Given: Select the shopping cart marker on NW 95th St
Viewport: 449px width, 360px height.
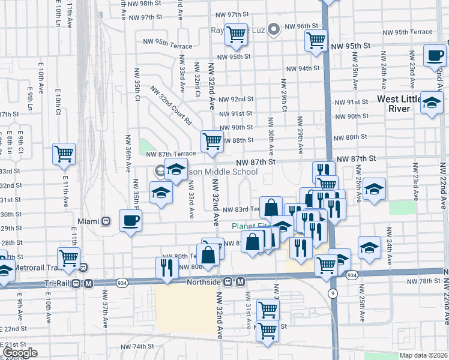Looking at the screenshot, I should pyautogui.click(x=316, y=41).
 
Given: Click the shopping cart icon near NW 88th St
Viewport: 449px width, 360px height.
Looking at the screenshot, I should pyautogui.click(x=212, y=142).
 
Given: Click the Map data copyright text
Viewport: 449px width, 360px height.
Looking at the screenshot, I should pyautogui.click(x=423, y=355).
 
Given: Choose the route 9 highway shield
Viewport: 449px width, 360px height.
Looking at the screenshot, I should pyautogui.click(x=331, y=292).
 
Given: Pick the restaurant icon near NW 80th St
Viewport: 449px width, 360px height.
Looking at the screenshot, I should pyautogui.click(x=166, y=267).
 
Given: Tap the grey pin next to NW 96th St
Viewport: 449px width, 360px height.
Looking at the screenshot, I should pyautogui.click(x=274, y=28).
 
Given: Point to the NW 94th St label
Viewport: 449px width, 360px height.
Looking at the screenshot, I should pyautogui.click(x=302, y=68).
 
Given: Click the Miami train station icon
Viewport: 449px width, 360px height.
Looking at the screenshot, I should pyautogui.click(x=106, y=221).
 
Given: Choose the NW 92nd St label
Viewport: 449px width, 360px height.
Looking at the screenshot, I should pyautogui.click(x=236, y=99).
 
